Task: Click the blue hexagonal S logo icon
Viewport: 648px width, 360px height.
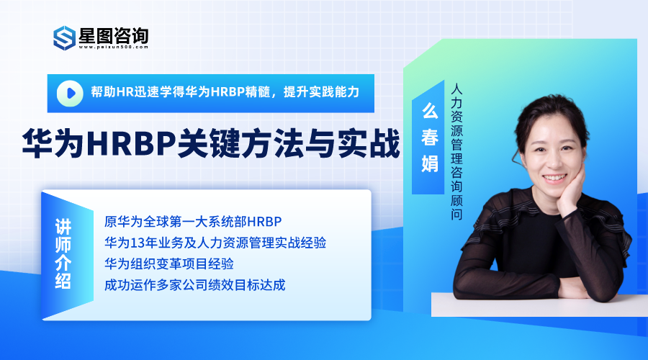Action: pos(65,38)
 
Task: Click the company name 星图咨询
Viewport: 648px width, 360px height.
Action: pos(114,35)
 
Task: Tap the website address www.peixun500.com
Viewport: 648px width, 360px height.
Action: pos(113,47)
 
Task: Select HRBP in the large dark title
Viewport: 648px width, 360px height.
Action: pos(132,143)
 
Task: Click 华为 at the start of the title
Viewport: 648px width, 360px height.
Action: pos(53,143)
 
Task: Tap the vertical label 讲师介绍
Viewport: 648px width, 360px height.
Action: pos(63,253)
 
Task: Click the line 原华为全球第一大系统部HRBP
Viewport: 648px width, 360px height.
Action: pos(193,222)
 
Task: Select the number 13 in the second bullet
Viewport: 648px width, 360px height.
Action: pos(137,243)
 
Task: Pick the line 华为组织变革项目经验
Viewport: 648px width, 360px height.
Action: pos(169,264)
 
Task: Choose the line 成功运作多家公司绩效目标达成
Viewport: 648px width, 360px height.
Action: pos(194,285)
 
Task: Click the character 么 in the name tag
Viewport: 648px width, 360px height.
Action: pos(429,111)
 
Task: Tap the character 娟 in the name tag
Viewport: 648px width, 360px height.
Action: pos(429,163)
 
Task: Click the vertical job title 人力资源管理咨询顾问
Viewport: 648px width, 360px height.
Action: pos(456,152)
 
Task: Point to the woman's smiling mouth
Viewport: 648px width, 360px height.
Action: pos(555,178)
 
